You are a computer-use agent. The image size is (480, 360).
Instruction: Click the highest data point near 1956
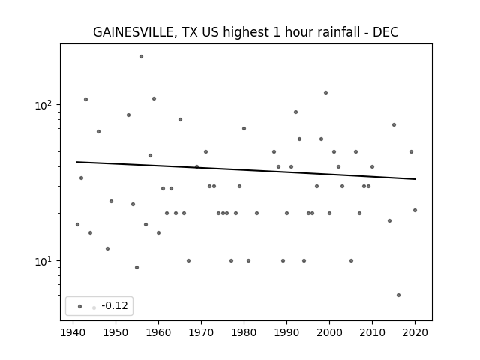click(141, 57)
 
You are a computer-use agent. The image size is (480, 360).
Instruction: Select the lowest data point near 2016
click(398, 295)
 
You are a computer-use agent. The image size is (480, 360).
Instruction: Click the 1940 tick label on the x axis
click(73, 332)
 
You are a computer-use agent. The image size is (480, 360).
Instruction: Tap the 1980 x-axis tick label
click(244, 332)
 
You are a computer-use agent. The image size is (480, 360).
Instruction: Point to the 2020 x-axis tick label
click(415, 332)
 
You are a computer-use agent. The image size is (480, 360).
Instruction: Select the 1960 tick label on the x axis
click(158, 332)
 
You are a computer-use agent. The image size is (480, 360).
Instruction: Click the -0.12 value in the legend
click(115, 305)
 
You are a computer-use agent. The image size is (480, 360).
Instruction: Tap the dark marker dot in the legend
click(80, 306)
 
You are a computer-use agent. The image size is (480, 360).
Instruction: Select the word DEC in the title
click(385, 32)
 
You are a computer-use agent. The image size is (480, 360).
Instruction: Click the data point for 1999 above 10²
click(325, 93)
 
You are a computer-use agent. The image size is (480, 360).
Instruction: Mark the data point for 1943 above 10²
click(85, 100)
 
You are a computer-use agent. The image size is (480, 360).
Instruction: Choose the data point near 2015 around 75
click(394, 125)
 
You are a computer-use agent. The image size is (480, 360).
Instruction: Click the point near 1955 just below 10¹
click(136, 267)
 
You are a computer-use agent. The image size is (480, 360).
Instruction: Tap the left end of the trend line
click(76, 162)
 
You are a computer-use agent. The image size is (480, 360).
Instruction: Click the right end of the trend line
click(415, 179)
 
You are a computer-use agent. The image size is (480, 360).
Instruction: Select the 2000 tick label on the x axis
click(329, 332)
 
